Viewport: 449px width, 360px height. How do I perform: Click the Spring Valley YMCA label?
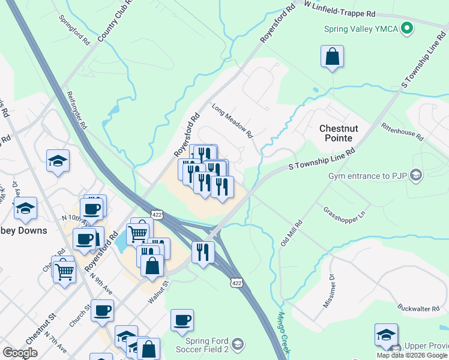coord(361,29)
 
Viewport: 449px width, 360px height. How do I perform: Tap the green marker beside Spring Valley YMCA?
coord(407,28)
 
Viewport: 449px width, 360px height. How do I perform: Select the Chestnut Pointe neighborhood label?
coord(343,133)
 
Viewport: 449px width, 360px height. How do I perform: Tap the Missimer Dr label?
coord(330,292)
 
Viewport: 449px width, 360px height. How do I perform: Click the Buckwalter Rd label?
coord(419,308)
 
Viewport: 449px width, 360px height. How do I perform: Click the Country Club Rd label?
coord(109,28)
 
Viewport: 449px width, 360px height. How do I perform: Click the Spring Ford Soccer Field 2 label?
coord(203,344)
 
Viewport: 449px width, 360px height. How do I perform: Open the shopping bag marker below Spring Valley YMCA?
coord(332,57)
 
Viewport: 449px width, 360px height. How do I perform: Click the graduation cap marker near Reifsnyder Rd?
coord(58,161)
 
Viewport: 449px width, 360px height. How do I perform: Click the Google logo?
coord(20,353)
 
